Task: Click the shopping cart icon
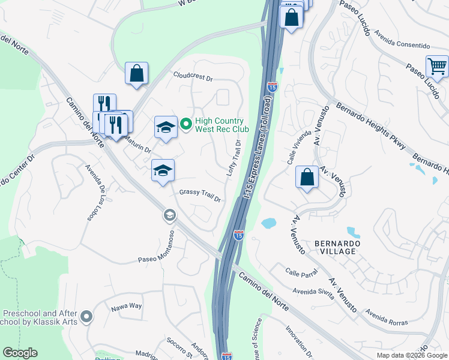coord(437,66)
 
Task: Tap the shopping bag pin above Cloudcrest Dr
coord(137,74)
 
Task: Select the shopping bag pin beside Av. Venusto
coord(307,178)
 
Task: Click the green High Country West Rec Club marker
coord(186,125)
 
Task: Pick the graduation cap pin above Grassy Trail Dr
coord(163,171)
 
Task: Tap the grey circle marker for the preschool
coord(87,316)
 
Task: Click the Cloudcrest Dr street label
coord(193,77)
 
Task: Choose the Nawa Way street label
coord(126,307)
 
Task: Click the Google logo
coord(20,353)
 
